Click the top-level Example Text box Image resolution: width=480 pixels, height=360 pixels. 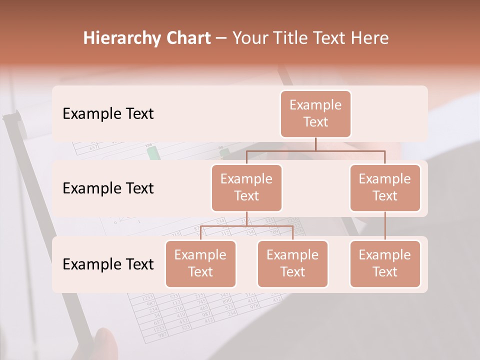tap(315, 113)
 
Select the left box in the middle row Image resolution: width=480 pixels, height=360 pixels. tap(246, 187)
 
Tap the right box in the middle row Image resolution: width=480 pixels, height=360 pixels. tap(384, 187)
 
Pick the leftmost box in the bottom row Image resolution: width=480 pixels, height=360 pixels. tap(200, 263)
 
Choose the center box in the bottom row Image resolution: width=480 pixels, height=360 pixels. tap(292, 263)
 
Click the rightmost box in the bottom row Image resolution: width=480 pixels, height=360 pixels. tap(384, 263)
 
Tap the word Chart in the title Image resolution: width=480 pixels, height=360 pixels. tap(187, 38)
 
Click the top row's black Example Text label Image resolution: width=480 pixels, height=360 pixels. tap(108, 114)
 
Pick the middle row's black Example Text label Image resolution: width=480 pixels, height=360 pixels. tap(108, 188)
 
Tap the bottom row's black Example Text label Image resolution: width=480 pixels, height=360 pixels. tap(108, 264)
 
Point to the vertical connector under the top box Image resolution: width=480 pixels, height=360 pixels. tap(315, 144)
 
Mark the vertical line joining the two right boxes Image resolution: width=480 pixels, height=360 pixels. tap(384, 225)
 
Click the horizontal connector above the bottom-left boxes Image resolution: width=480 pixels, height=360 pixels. tap(246, 226)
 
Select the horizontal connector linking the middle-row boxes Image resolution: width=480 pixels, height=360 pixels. tap(315, 150)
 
